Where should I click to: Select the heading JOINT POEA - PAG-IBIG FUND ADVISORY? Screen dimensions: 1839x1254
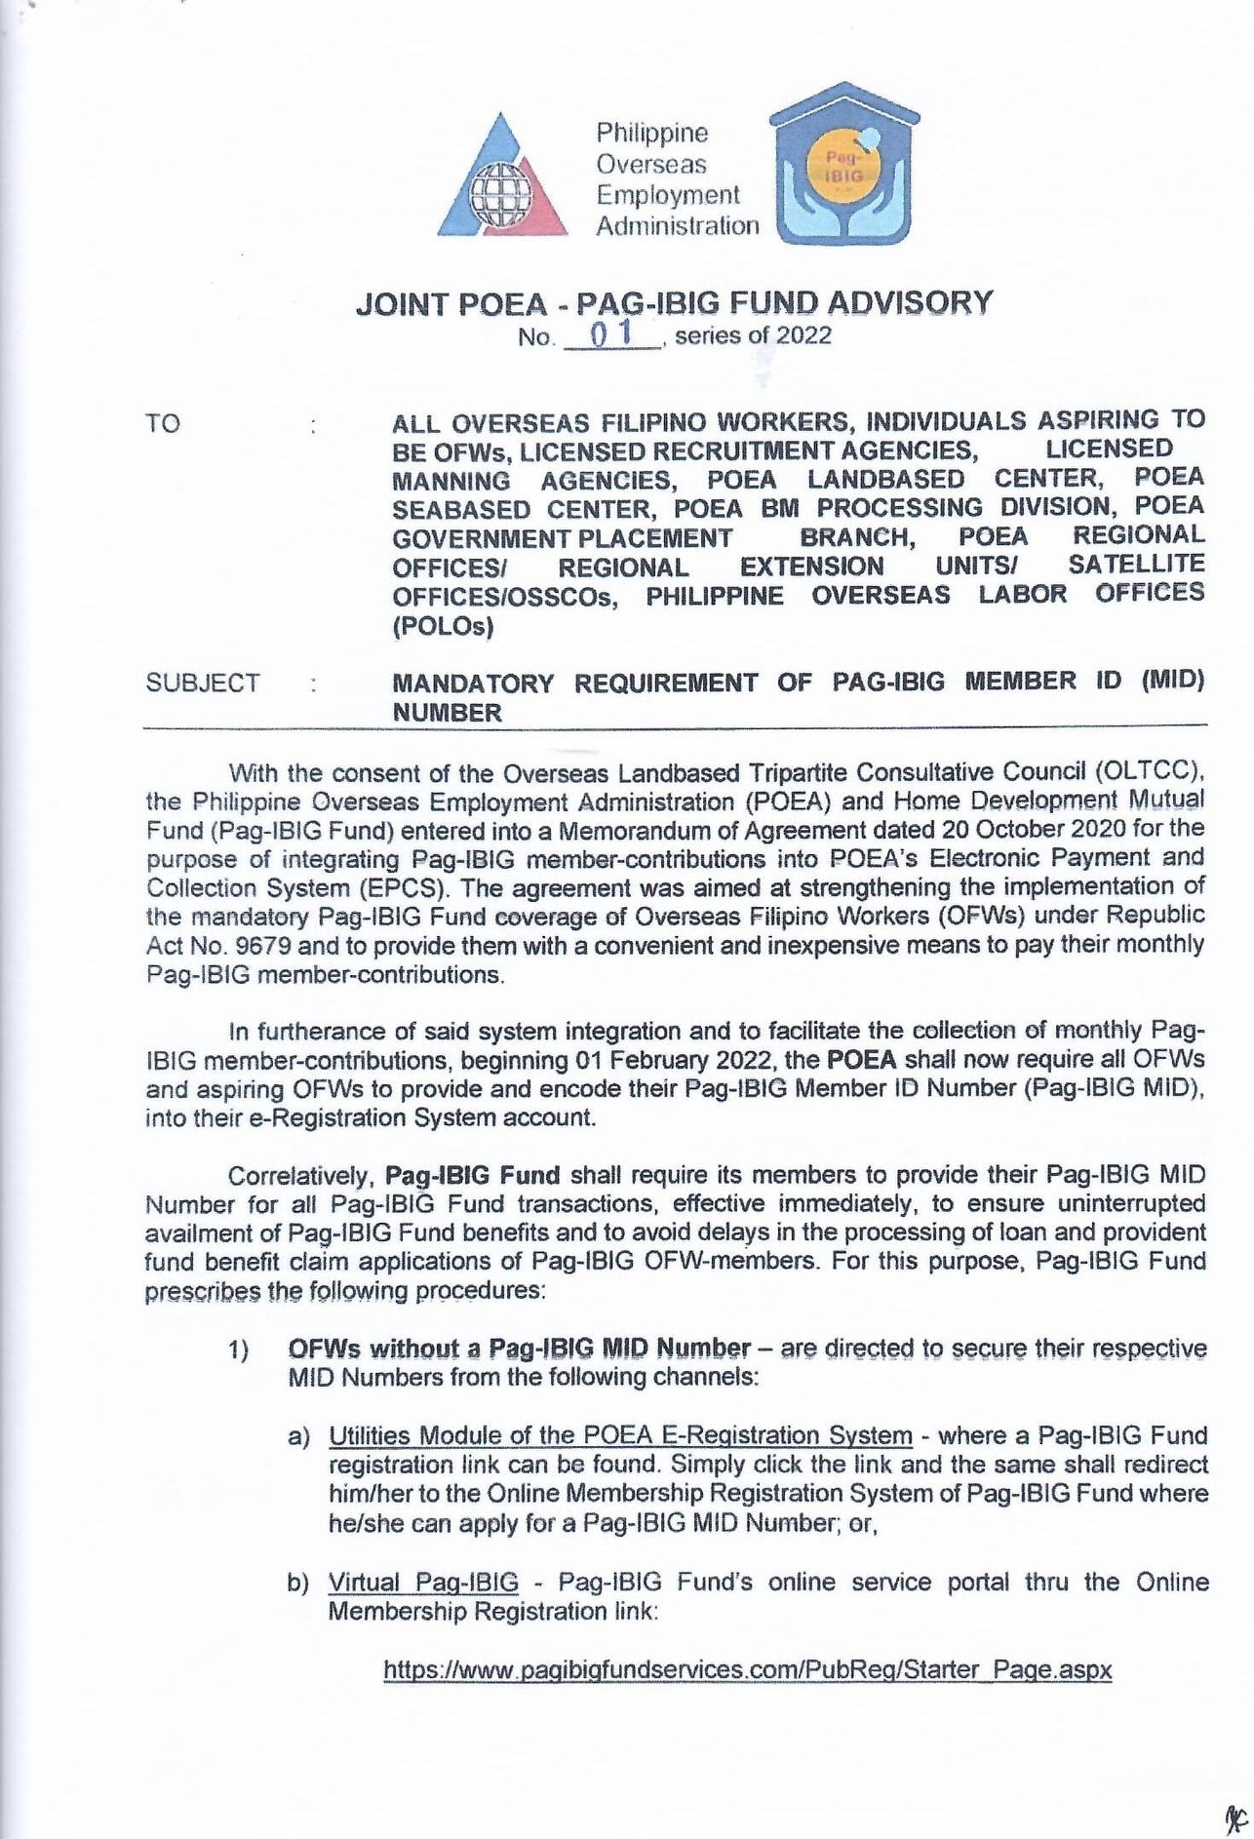tap(674, 302)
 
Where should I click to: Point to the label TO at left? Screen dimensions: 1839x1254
tap(163, 423)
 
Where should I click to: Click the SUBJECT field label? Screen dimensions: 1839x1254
tap(203, 683)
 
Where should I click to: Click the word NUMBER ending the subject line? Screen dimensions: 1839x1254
tap(447, 713)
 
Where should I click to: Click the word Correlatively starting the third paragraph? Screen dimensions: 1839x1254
tap(301, 1174)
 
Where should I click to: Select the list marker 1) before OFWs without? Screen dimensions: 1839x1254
tap(239, 1350)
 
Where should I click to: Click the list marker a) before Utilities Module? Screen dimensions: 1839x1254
tap(297, 1437)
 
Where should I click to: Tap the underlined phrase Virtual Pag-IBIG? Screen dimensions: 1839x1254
tap(423, 1582)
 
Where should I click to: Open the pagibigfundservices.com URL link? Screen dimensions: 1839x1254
tap(748, 1669)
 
